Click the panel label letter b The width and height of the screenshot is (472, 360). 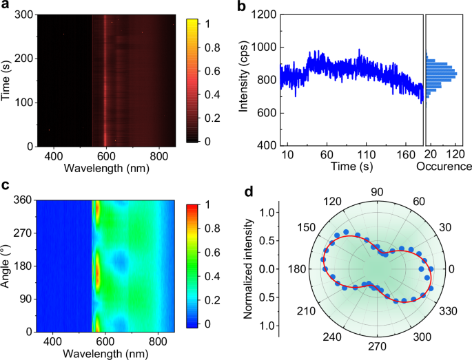click(243, 6)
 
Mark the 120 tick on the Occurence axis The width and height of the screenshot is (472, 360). click(456, 155)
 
